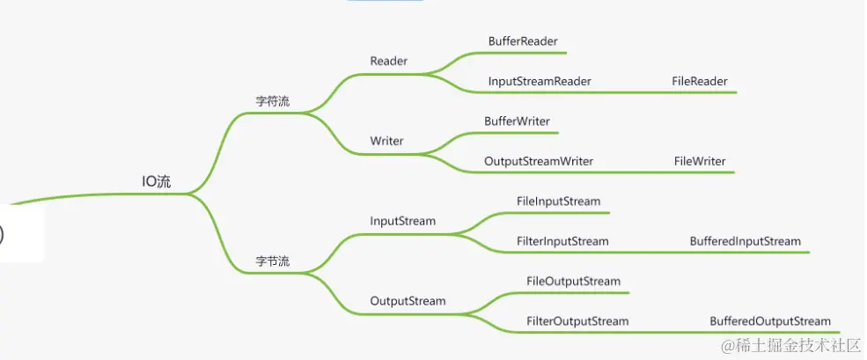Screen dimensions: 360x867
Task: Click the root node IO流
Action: (x=157, y=182)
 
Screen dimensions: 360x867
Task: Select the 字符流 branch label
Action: (x=273, y=102)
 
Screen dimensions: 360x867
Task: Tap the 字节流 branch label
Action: (x=273, y=261)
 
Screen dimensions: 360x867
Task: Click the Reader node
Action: (x=389, y=61)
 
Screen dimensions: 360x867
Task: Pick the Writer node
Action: (x=387, y=141)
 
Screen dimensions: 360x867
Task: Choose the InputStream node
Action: (x=403, y=221)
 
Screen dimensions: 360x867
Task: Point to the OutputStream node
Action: (x=408, y=301)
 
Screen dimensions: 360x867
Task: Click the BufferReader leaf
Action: (x=523, y=41)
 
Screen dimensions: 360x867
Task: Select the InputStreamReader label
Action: (x=540, y=81)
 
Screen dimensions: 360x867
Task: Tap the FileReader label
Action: (x=700, y=81)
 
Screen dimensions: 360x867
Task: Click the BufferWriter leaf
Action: (x=518, y=121)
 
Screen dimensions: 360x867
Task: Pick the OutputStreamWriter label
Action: (x=539, y=161)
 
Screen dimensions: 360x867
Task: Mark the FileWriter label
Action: (x=700, y=161)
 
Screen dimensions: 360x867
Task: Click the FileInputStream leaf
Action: (x=559, y=202)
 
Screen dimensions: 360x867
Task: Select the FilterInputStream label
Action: (x=562, y=241)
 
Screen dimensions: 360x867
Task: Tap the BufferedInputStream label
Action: (x=746, y=241)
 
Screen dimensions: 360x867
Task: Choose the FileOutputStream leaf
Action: (x=573, y=282)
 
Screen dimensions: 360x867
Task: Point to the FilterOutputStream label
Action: (x=577, y=321)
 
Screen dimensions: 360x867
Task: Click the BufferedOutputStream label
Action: (x=770, y=321)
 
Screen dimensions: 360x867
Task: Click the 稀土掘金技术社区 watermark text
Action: (x=790, y=345)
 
